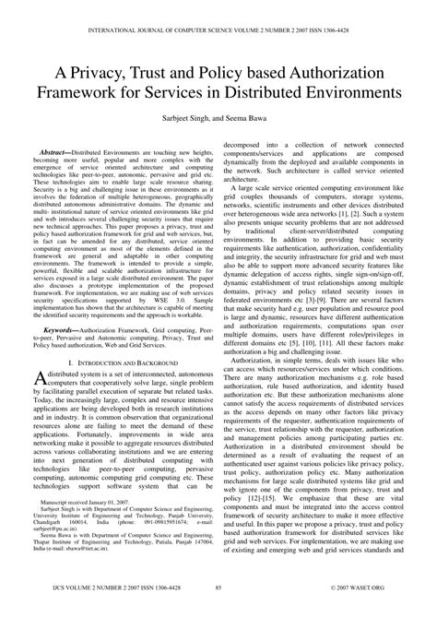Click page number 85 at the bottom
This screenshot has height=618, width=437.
tap(218, 610)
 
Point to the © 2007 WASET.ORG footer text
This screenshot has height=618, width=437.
tap(386, 610)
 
